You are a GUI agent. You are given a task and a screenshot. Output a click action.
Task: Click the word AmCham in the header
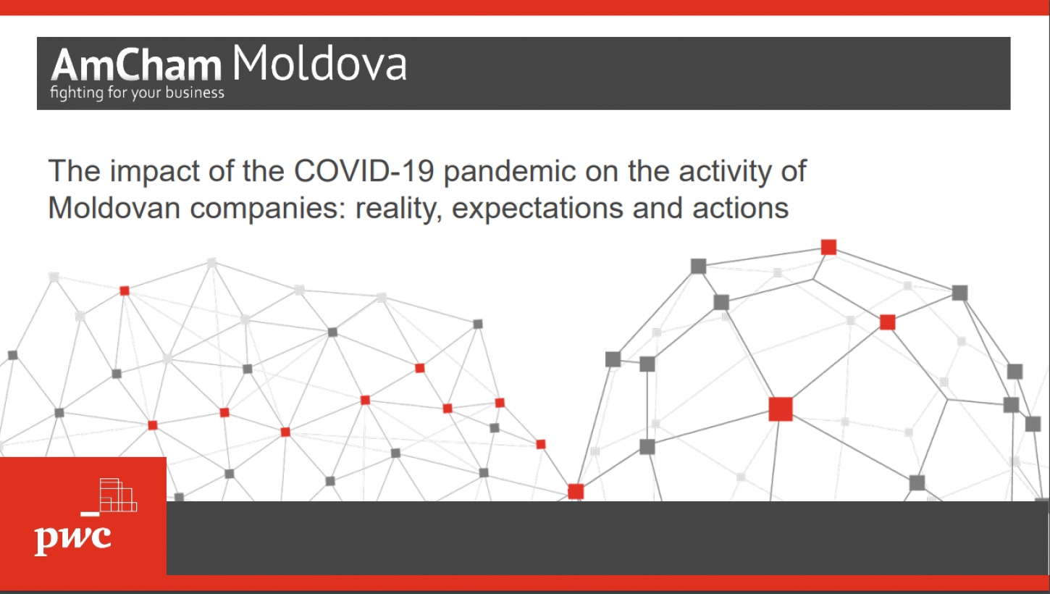tap(136, 64)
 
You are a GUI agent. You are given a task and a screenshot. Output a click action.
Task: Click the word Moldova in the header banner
tap(319, 63)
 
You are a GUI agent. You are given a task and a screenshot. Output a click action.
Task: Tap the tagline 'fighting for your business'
tap(137, 93)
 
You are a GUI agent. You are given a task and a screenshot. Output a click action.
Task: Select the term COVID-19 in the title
tap(364, 170)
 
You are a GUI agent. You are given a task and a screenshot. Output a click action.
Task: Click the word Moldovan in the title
tap(114, 208)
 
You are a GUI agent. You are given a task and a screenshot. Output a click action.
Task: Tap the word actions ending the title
tap(741, 208)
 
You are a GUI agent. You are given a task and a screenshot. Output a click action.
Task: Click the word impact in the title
tap(155, 171)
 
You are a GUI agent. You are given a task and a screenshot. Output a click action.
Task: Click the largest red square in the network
tap(781, 409)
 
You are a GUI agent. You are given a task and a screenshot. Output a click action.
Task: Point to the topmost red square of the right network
tap(828, 247)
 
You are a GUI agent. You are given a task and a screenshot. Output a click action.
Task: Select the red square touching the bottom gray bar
tap(576, 491)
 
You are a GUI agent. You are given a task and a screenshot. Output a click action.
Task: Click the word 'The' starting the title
tap(74, 171)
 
